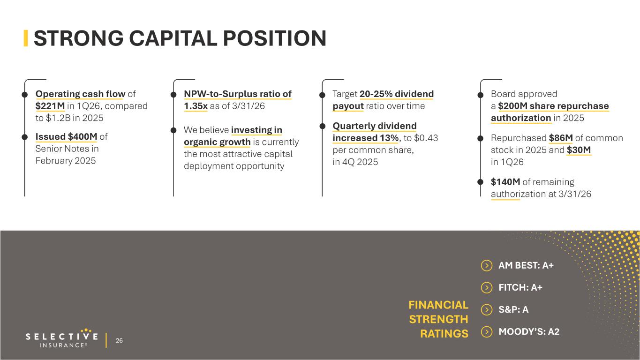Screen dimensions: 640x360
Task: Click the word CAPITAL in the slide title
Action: (173, 38)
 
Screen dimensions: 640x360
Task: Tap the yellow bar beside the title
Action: (26, 38)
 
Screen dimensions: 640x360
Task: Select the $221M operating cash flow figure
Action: (50, 106)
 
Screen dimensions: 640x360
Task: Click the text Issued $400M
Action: (66, 136)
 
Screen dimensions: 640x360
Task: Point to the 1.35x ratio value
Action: (196, 106)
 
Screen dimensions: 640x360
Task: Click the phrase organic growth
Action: (217, 142)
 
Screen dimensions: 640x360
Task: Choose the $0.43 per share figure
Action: (426, 138)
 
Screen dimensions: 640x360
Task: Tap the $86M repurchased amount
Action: (561, 138)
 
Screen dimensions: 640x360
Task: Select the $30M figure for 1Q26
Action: (579, 150)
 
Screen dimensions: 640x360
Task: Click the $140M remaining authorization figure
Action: (505, 182)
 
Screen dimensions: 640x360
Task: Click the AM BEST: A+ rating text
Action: (526, 265)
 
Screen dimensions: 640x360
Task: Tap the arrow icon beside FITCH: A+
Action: (487, 288)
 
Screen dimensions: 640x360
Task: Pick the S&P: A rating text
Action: (513, 309)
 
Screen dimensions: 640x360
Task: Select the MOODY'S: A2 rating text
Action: (529, 332)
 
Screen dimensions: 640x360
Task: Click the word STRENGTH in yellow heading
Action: (438, 319)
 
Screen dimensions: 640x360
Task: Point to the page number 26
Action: (119, 341)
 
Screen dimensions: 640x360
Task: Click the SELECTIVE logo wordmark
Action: (62, 337)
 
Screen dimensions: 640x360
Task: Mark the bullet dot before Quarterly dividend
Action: (322, 126)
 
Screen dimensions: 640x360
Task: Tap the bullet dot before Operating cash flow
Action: (25, 95)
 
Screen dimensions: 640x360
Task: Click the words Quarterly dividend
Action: (375, 126)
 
